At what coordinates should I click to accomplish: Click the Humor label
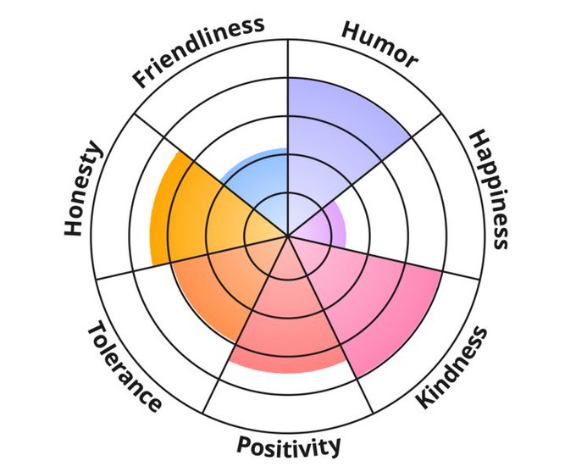pyautogui.click(x=379, y=43)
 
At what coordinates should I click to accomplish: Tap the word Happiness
pyautogui.click(x=490, y=188)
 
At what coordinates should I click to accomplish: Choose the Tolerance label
pyautogui.click(x=124, y=367)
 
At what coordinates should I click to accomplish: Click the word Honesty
pyautogui.click(x=82, y=189)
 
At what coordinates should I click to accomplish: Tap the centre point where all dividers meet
pyautogui.click(x=288, y=236)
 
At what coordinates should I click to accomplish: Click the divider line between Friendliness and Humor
pyautogui.click(x=288, y=93)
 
